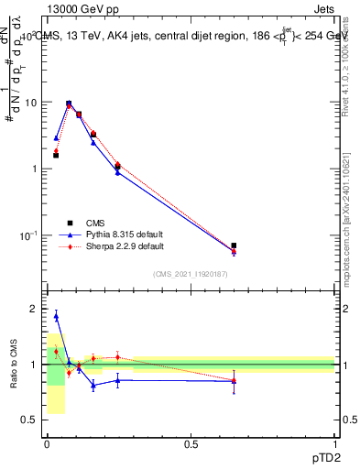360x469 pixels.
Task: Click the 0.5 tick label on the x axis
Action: (191, 445)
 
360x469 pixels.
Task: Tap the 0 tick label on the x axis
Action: (47, 445)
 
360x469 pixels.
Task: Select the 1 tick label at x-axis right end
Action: (334, 445)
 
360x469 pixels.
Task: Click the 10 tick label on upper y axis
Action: (29, 103)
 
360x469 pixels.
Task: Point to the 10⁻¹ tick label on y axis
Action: (27, 235)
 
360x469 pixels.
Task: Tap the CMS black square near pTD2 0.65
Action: (234, 245)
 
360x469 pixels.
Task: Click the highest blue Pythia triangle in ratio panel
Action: (56, 316)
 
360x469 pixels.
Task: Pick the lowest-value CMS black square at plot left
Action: (56, 156)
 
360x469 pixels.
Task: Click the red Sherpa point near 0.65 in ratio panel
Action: (234, 382)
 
